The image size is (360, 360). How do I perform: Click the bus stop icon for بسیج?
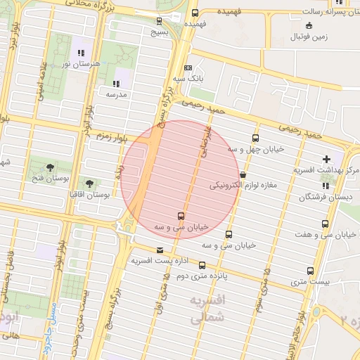tap(160, 20)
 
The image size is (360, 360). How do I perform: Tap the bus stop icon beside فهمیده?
tap(195, 13)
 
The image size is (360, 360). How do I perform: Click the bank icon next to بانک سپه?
tap(188, 68)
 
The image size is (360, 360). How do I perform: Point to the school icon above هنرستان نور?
tap(82, 52)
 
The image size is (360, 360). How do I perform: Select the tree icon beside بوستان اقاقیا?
tap(89, 183)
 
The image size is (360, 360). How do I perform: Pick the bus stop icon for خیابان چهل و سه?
tap(255, 139)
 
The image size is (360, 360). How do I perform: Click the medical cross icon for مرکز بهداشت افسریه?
tap(326, 159)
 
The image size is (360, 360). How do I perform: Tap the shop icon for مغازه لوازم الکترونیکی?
tap(243, 174)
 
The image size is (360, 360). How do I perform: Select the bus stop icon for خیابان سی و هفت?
tap(324, 224)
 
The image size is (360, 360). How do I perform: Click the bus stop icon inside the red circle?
tap(181, 216)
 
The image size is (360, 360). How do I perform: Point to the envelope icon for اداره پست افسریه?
tap(160, 250)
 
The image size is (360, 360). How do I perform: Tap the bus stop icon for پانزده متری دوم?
tap(202, 265)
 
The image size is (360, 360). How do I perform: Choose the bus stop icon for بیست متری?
tap(310, 271)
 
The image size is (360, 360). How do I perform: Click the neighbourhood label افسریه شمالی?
tap(209, 309)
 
